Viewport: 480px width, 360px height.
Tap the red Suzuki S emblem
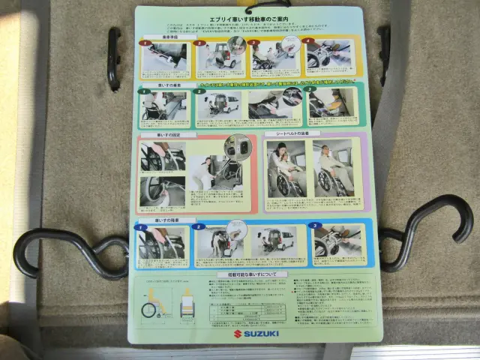point(237,332)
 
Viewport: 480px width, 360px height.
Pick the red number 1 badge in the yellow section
point(146,43)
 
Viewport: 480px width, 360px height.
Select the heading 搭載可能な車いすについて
point(247,275)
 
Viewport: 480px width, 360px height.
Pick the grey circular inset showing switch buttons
point(235,146)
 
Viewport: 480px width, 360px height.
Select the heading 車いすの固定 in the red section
point(166,135)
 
